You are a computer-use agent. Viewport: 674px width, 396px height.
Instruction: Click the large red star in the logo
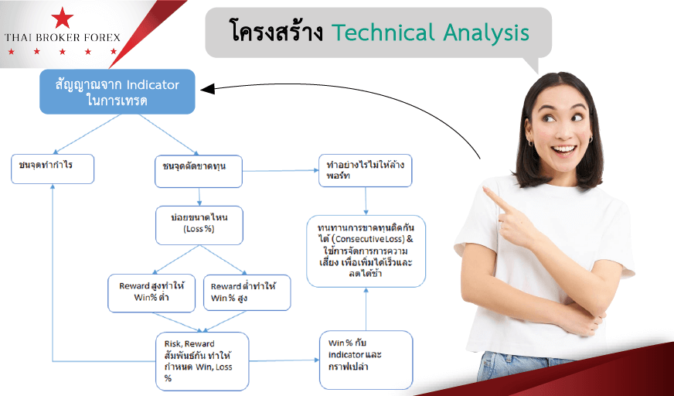tap(63, 18)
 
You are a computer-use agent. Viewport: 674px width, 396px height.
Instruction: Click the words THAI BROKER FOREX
tap(63, 38)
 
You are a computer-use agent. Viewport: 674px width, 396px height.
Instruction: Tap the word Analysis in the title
tap(486, 33)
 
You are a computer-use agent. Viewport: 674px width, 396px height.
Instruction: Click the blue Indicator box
tap(117, 91)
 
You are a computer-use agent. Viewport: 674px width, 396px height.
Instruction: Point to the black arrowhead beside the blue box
tap(207, 89)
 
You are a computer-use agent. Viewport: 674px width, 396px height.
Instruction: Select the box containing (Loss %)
tap(199, 225)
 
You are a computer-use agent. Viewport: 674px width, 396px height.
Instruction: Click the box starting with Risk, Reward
tap(202, 361)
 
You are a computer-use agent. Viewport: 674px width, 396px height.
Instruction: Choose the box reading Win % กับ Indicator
tap(366, 360)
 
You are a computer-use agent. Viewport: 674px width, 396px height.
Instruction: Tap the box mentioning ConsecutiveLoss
tap(366, 251)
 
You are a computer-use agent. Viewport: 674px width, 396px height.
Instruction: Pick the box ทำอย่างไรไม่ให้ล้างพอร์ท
tap(366, 171)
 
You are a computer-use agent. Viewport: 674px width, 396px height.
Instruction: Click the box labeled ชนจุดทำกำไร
tap(53, 169)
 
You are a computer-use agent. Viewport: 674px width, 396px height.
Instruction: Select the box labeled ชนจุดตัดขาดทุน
tap(199, 172)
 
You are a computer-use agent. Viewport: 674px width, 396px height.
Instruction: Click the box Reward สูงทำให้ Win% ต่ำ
tap(151, 293)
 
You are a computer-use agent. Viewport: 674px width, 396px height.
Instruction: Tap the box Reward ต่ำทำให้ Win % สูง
tap(247, 293)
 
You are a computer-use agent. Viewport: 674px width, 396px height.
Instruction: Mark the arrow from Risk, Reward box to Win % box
tap(284, 360)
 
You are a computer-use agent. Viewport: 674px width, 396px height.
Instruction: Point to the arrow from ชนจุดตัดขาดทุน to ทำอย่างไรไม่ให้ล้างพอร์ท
tap(281, 171)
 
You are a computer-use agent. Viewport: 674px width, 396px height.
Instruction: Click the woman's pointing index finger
tap(495, 197)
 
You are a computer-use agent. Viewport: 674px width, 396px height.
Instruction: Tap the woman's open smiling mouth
tap(563, 150)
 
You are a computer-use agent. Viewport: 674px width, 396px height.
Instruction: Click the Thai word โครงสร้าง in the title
tap(277, 31)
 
